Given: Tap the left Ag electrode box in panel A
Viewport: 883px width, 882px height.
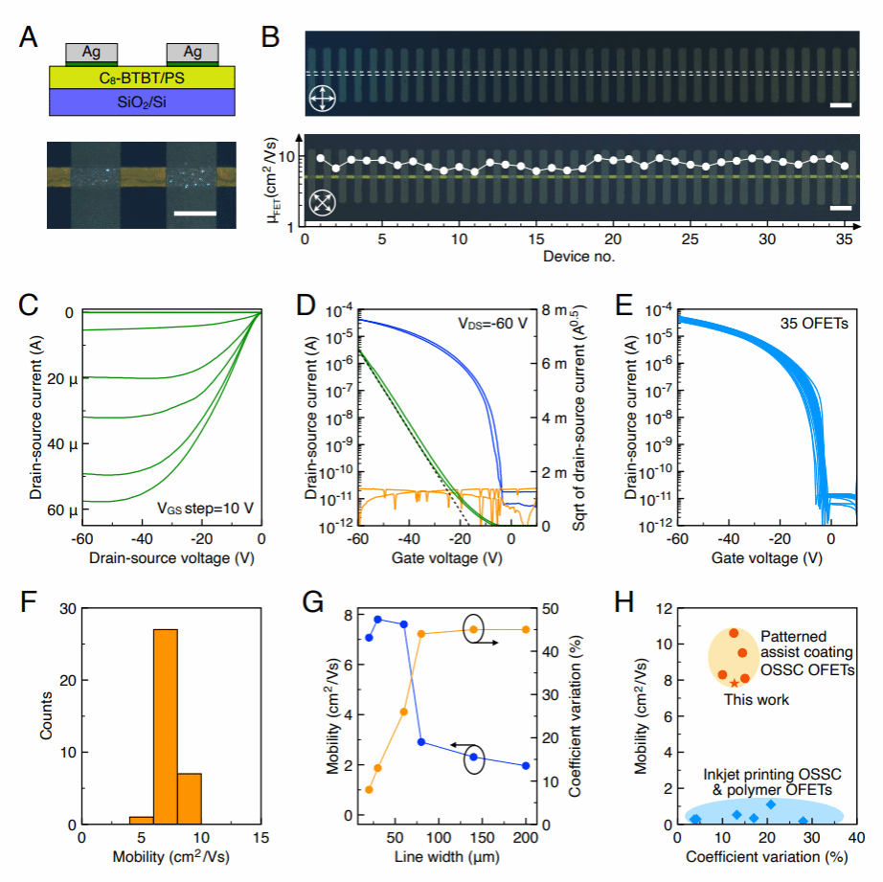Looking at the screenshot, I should (92, 53).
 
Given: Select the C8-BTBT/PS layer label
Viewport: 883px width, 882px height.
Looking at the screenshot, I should (142, 78).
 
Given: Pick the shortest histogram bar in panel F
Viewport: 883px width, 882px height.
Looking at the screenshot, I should (142, 820).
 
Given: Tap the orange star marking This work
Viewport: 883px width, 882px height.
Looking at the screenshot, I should (735, 683).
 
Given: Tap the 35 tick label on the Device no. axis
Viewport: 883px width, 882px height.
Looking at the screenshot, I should (845, 239).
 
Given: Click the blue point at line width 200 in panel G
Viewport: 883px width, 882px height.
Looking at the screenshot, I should (526, 766).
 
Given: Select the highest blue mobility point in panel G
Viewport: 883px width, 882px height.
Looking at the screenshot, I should (378, 620).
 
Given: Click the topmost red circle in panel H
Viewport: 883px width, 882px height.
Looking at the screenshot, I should (734, 632).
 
